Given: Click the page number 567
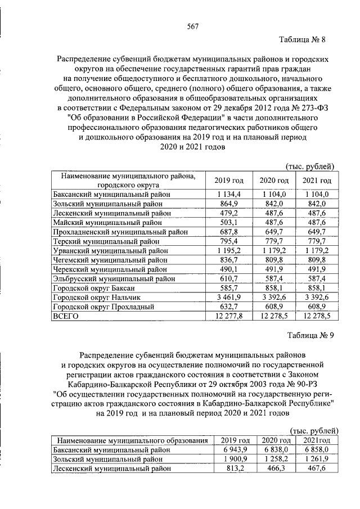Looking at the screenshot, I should coord(192,27).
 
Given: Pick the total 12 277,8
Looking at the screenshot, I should coord(225,317).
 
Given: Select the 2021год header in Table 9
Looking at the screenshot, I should coord(317,440).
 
